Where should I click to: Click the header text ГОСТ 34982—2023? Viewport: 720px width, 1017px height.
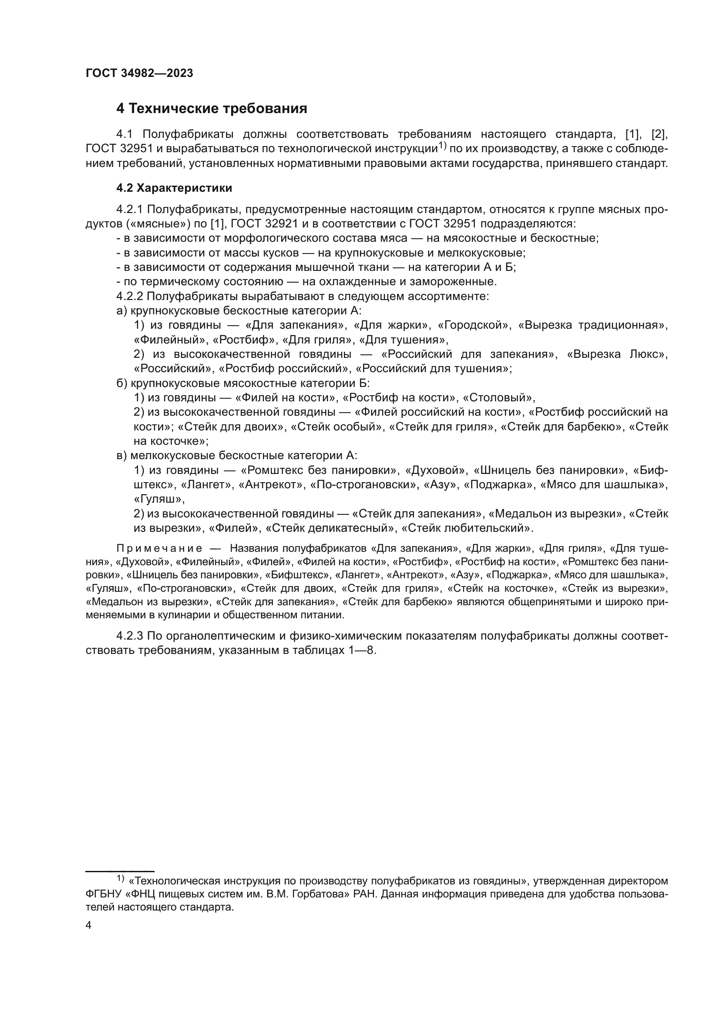139,73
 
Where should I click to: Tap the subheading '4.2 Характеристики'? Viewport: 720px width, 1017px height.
174,188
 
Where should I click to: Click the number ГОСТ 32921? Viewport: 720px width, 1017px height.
264,223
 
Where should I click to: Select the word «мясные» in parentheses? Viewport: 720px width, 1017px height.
162,223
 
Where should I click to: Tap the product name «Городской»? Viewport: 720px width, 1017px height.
473,325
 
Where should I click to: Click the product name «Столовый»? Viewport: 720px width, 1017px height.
499,398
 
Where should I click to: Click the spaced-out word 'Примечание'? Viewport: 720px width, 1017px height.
159,549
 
